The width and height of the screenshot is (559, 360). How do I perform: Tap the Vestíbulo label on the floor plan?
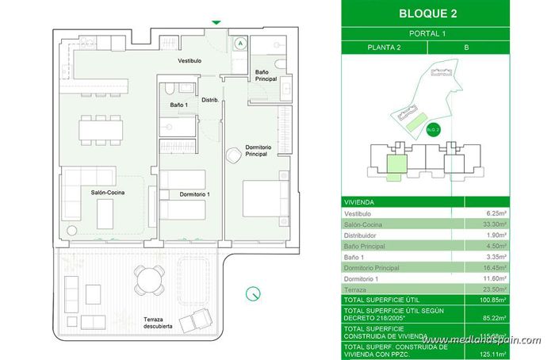click(189, 60)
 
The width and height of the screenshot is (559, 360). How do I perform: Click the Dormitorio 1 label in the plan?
click(194, 194)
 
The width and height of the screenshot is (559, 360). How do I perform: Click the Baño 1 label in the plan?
click(179, 105)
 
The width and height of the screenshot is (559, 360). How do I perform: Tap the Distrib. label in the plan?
click(210, 100)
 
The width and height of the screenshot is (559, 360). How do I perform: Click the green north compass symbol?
click(253, 293)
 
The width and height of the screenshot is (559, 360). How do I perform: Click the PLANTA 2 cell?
click(389, 48)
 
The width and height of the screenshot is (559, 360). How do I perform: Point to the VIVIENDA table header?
click(361, 202)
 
